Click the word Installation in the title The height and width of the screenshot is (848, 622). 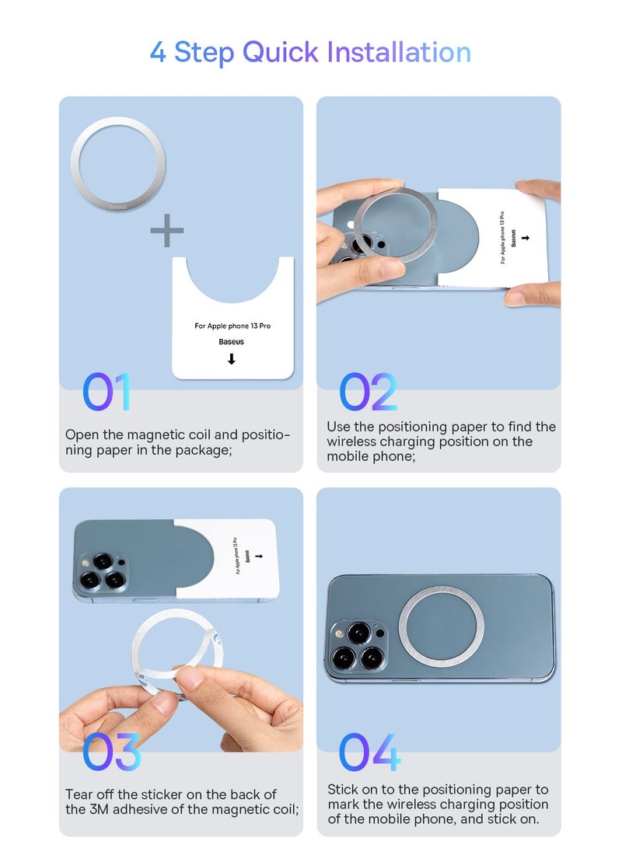coord(399,52)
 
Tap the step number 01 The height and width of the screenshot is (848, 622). coord(107,392)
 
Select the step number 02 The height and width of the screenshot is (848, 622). coord(368,392)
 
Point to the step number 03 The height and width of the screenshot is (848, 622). coord(111,752)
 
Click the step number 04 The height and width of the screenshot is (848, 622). coord(369,752)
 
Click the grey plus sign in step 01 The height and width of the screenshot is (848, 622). coord(166,230)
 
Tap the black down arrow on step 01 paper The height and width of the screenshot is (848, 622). coord(232,359)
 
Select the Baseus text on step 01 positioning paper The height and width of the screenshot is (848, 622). coord(232,342)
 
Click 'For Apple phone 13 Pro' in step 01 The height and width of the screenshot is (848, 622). coord(232,326)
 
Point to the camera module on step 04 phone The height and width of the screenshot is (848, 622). coord(356,646)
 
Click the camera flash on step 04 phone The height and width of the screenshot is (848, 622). coord(339,633)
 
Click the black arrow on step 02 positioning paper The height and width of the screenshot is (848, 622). coord(525,237)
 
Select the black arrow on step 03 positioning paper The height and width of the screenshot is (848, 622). coord(259,556)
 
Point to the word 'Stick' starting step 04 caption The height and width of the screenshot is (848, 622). coord(344,790)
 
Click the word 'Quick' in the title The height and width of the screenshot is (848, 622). coord(280,53)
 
